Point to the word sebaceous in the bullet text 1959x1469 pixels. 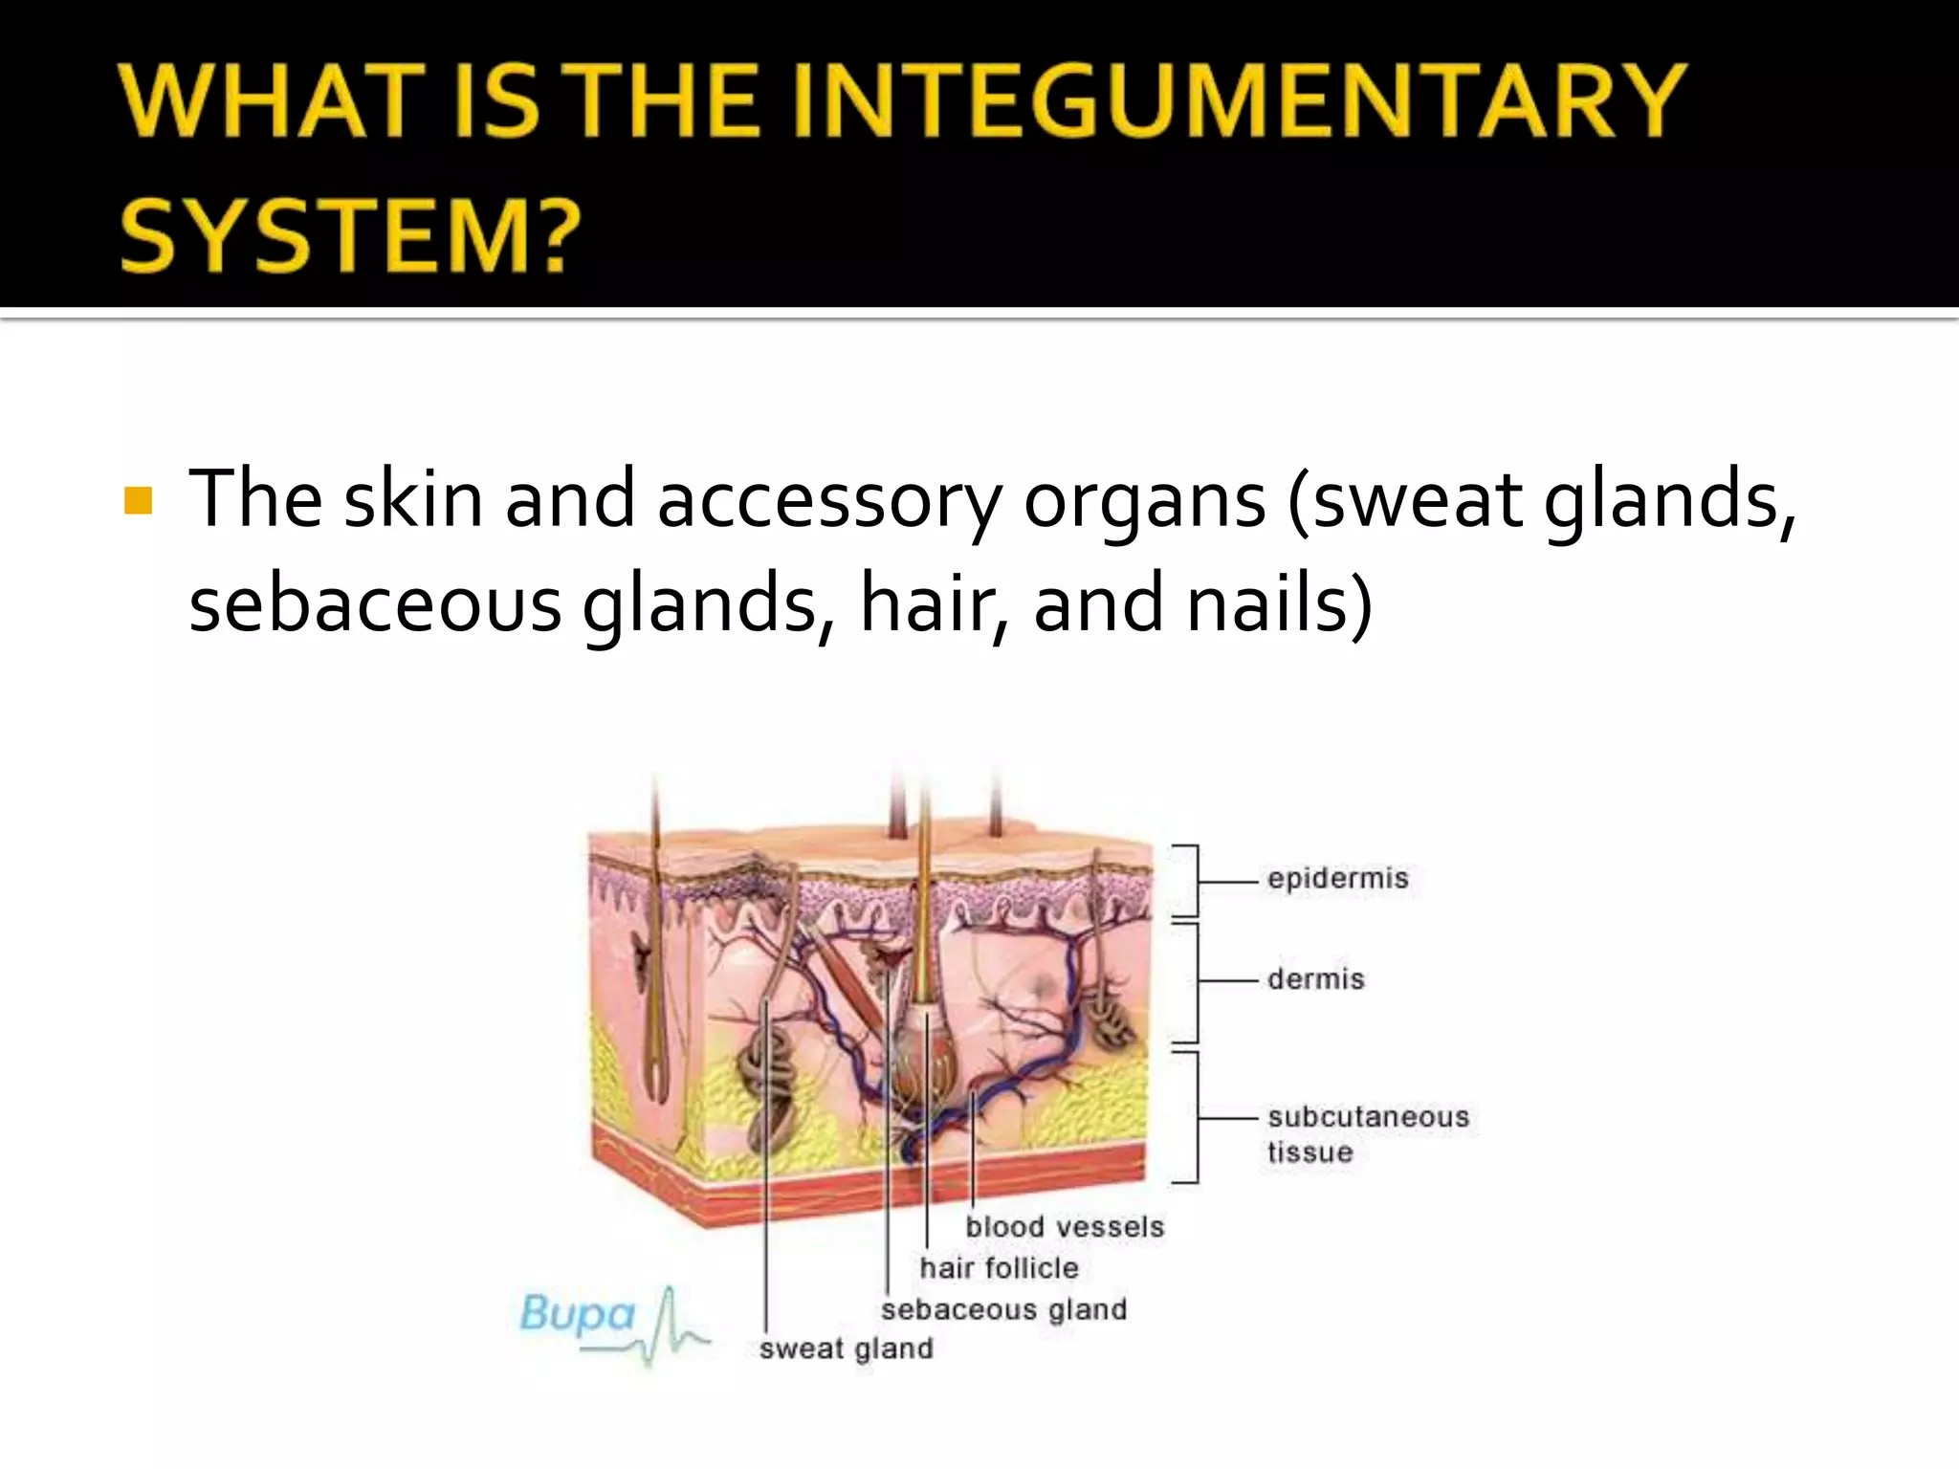(x=375, y=604)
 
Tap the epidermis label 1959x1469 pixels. (x=1337, y=879)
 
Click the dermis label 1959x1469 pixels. (x=1315, y=979)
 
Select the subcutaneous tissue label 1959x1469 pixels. (x=1367, y=1134)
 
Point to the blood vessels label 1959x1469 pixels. (x=1065, y=1227)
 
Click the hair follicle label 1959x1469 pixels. (x=999, y=1268)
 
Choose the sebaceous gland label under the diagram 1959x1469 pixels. (x=1003, y=1309)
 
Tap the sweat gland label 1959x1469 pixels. (x=846, y=1348)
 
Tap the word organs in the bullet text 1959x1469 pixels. (x=1144, y=500)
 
